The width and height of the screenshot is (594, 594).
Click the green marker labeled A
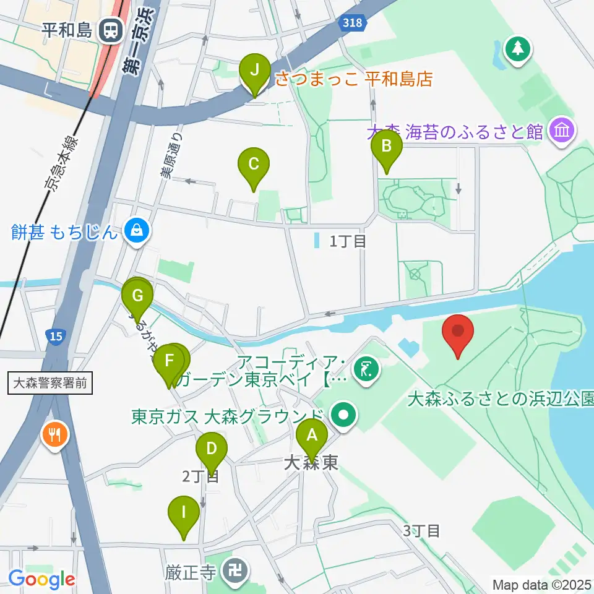pyautogui.click(x=311, y=436)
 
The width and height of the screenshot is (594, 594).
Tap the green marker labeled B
pyautogui.click(x=387, y=147)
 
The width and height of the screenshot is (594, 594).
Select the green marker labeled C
pyautogui.click(x=254, y=165)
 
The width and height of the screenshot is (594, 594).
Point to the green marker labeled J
pyautogui.click(x=254, y=70)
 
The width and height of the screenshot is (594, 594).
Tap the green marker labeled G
pyautogui.click(x=137, y=295)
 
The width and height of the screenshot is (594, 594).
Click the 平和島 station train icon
pyautogui.click(x=112, y=30)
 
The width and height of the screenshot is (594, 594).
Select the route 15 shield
pyautogui.click(x=56, y=336)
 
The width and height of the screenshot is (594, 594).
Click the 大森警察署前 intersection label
pyautogui.click(x=51, y=384)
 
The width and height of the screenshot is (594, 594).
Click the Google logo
pyautogui.click(x=41, y=579)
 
